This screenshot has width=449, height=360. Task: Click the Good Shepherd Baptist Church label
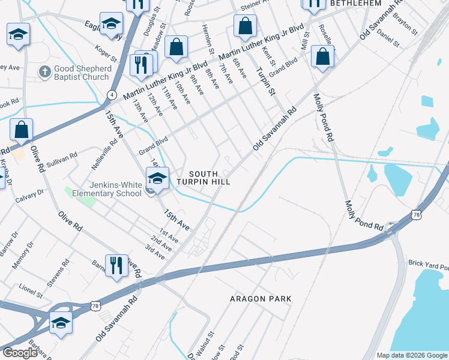click(83, 73)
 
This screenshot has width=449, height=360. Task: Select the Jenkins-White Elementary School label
click(107, 189)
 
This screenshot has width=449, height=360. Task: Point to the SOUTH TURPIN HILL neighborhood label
click(203, 178)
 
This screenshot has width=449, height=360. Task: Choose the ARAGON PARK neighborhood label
click(261, 298)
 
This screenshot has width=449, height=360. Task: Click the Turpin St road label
click(265, 82)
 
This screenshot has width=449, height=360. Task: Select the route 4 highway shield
click(112, 94)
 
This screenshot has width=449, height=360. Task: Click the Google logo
click(20, 353)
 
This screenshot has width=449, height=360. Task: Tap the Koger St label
click(106, 53)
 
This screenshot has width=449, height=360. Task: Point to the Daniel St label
click(388, 38)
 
